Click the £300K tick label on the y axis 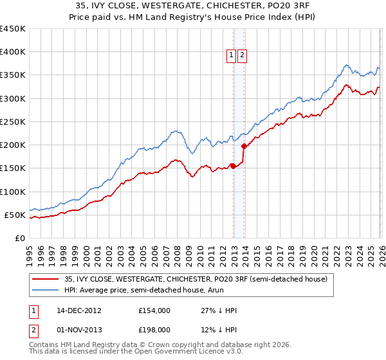tap(12, 98)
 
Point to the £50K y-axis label tap(15, 215)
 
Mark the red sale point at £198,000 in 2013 tap(243, 146)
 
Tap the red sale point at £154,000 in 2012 tap(233, 166)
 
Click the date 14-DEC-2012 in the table tap(80, 310)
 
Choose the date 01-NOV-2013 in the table tap(80, 330)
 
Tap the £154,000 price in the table tap(154, 310)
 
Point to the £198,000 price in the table tap(154, 330)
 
